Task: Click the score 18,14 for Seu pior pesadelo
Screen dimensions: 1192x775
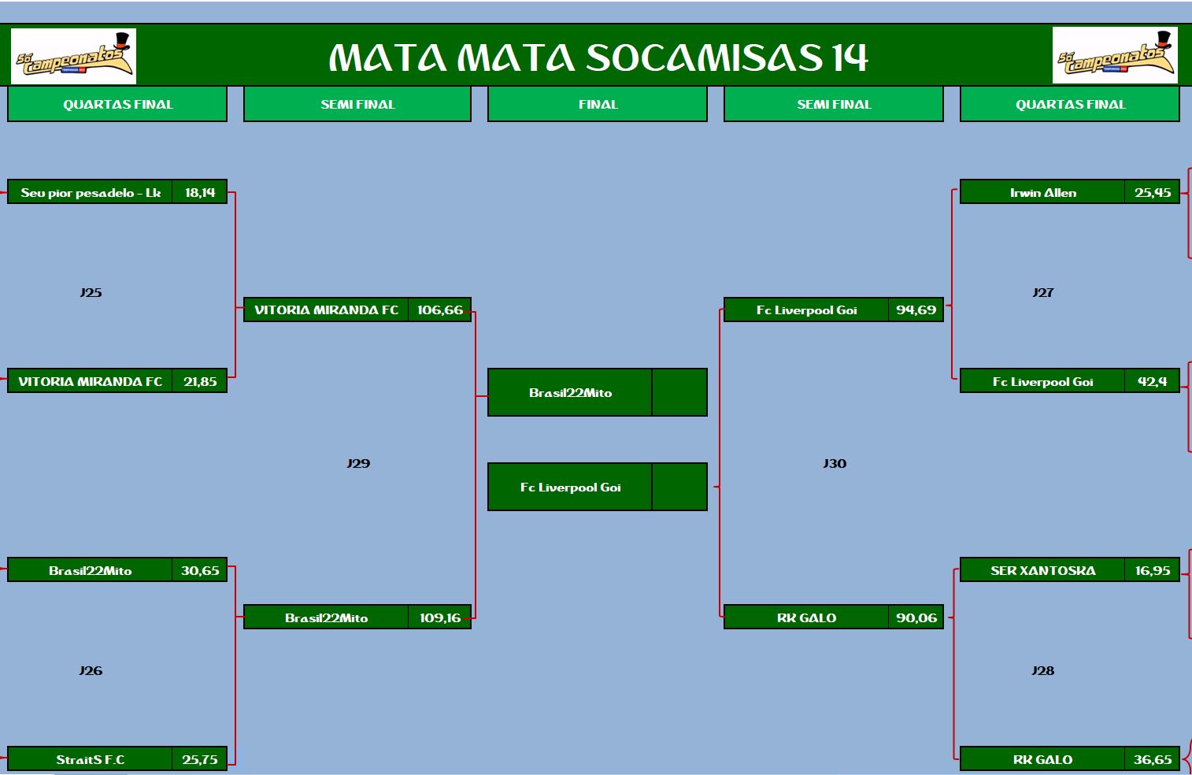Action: pos(200,192)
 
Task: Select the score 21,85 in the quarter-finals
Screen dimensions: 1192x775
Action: pos(200,381)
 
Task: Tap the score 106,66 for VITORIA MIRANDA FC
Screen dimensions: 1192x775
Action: pos(440,310)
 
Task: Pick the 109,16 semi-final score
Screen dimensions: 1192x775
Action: pos(440,617)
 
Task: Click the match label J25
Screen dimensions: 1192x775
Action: pos(91,292)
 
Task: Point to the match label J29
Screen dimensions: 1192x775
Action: pos(358,463)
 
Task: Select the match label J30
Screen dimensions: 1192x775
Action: pos(835,463)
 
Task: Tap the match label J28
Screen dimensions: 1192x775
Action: pos(1043,670)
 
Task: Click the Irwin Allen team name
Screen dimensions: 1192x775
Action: pos(1043,193)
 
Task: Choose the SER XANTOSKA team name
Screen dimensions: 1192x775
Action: pos(1043,570)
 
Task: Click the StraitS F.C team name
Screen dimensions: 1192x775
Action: pos(91,759)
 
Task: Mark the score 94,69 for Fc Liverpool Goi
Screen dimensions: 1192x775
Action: pos(916,310)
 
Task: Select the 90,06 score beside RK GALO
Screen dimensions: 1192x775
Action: pos(916,617)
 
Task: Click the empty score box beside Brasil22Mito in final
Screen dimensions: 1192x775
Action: pos(679,392)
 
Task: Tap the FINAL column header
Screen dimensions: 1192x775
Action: pos(598,104)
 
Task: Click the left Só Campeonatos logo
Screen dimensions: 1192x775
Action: pos(73,57)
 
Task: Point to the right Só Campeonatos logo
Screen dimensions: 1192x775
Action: pos(1115,55)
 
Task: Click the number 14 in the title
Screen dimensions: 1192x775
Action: pos(850,57)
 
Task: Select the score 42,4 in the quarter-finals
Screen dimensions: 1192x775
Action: pos(1152,381)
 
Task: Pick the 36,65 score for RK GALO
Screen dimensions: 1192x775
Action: pos(1153,759)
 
